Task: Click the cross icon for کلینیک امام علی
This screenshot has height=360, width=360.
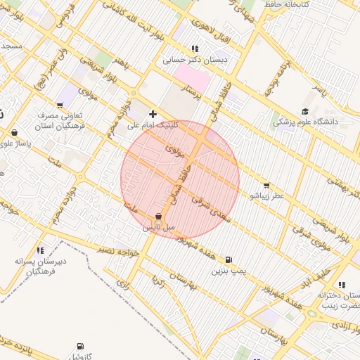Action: pos(153,113)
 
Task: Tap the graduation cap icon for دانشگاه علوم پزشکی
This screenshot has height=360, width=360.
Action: pos(304,111)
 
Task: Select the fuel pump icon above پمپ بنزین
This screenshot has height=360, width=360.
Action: pos(229,259)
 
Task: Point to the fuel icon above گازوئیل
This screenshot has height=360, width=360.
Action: pos(80,346)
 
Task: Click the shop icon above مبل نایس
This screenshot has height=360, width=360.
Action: pos(158,217)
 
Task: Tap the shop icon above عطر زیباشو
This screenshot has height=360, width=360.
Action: pos(266,186)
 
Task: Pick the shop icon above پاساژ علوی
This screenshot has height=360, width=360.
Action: pos(14,132)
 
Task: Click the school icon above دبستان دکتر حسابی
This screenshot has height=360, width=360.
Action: pos(195,49)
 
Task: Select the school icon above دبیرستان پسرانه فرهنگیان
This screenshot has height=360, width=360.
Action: pos(40,250)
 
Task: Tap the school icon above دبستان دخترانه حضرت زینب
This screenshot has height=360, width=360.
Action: pos(341,285)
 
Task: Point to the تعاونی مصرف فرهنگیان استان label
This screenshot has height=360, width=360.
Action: pos(63,120)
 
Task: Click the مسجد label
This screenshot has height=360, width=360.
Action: pos(11,46)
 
